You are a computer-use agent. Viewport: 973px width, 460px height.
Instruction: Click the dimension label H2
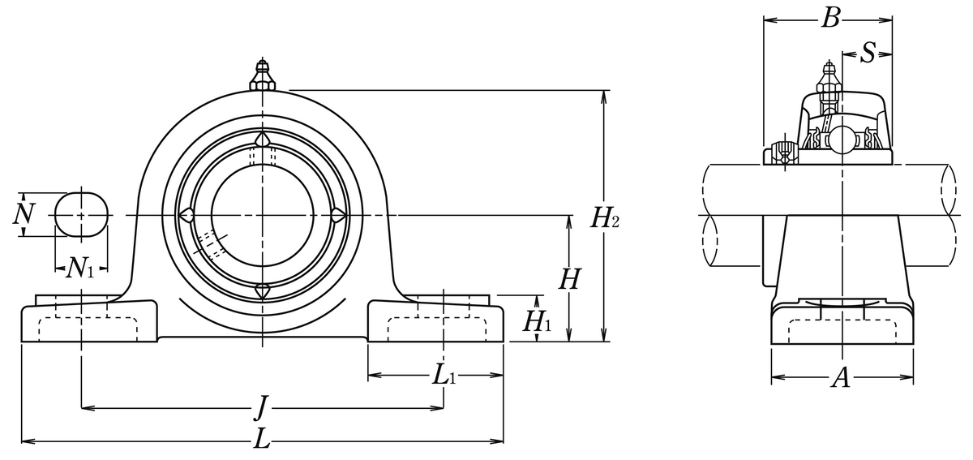click(x=605, y=217)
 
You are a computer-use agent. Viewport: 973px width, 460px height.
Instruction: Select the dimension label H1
click(x=536, y=322)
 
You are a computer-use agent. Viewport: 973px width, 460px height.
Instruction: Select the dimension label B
click(x=829, y=18)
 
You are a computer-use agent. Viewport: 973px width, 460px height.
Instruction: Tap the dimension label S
click(x=868, y=54)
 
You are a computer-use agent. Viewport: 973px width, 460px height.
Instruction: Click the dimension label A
click(x=842, y=377)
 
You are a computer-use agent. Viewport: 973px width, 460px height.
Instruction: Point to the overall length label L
click(x=261, y=441)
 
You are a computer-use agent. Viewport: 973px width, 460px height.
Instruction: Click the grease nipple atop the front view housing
click(x=262, y=75)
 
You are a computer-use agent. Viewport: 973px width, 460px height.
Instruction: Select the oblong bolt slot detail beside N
click(x=81, y=215)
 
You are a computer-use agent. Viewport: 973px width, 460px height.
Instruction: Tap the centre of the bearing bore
click(x=262, y=215)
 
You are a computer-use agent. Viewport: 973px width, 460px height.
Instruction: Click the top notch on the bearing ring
click(x=262, y=141)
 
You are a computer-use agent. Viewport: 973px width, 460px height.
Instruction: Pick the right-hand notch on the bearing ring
click(x=336, y=215)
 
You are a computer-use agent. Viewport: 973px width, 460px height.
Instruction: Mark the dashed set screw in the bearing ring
click(x=211, y=243)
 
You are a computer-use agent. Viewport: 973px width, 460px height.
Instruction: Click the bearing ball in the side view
click(x=842, y=137)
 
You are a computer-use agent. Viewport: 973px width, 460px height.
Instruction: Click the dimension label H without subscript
click(x=569, y=280)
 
